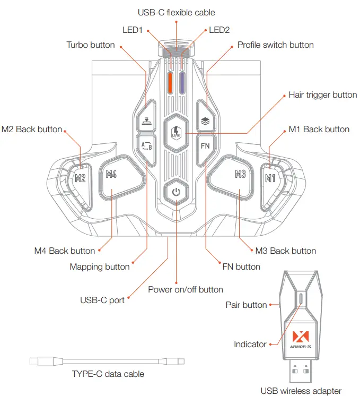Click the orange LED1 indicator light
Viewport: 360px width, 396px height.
(x=170, y=82)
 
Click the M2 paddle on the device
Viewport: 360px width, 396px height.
(x=80, y=178)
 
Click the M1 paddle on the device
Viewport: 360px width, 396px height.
(x=270, y=178)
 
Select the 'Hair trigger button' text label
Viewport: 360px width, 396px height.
(x=322, y=95)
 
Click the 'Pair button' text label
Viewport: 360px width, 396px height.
(x=246, y=305)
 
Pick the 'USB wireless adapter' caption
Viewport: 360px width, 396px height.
(x=301, y=391)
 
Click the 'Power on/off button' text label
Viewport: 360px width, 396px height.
(x=186, y=289)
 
